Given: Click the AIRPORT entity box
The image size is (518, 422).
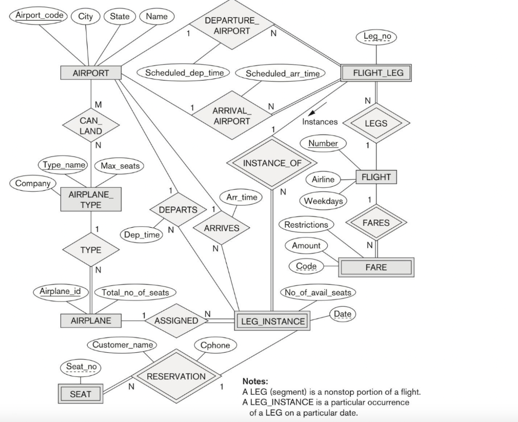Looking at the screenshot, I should click(x=91, y=73).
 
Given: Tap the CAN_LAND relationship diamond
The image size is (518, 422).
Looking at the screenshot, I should click(x=91, y=126).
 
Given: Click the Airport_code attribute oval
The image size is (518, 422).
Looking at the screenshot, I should click(x=39, y=15).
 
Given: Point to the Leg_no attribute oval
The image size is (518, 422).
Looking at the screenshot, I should click(x=376, y=36).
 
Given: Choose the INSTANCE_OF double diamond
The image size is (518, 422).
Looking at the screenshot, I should click(x=272, y=163).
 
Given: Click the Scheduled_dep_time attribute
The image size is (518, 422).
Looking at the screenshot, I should click(x=184, y=73).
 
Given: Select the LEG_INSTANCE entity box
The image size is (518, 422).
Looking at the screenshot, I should click(x=273, y=321).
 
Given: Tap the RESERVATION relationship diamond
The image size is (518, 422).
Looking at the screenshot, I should click(x=176, y=376).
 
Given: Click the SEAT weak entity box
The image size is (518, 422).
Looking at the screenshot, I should click(x=80, y=394).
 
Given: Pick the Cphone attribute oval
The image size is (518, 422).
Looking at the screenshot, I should click(x=215, y=345).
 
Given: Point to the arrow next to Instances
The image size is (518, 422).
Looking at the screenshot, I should click(x=318, y=110).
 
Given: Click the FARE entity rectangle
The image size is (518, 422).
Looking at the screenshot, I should click(x=376, y=267).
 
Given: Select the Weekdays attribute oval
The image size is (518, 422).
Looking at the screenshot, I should click(x=323, y=201).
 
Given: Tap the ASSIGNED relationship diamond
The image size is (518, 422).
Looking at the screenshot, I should click(x=176, y=320).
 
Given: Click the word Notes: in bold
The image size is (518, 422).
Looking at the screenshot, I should click(x=255, y=381).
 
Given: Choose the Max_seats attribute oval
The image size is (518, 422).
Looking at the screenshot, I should click(x=120, y=166).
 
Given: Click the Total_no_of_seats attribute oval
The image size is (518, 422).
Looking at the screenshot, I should click(x=135, y=292).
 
